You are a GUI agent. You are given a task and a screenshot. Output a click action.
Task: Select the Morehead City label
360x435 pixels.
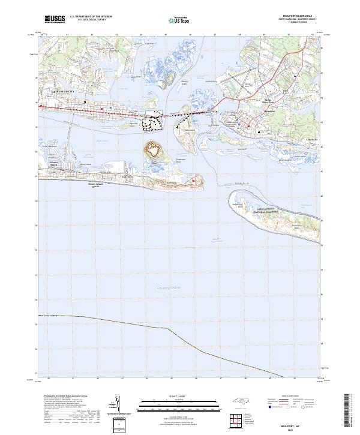(64, 91)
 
